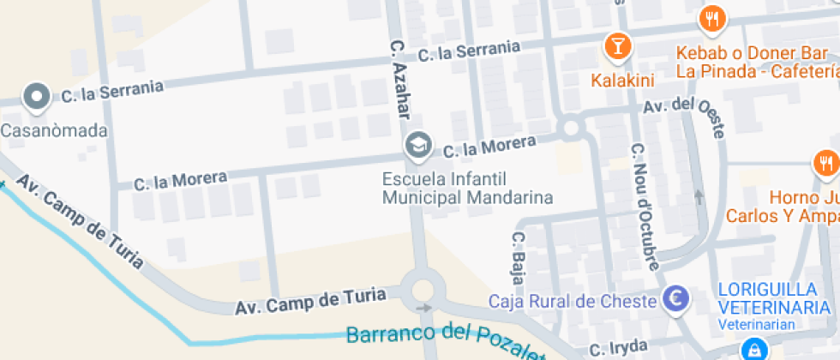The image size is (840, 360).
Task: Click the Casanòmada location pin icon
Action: click(37, 98)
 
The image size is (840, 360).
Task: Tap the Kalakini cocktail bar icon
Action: click(616, 45)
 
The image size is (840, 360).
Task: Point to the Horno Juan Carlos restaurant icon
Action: click(825, 163)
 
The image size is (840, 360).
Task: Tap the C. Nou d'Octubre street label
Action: click(645, 205)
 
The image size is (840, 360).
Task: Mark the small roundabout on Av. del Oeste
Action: click(571, 129)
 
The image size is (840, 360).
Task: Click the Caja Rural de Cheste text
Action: click(572, 301)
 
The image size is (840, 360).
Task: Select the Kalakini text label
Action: click(622, 81)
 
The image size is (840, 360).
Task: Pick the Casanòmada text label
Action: click(54, 131)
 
